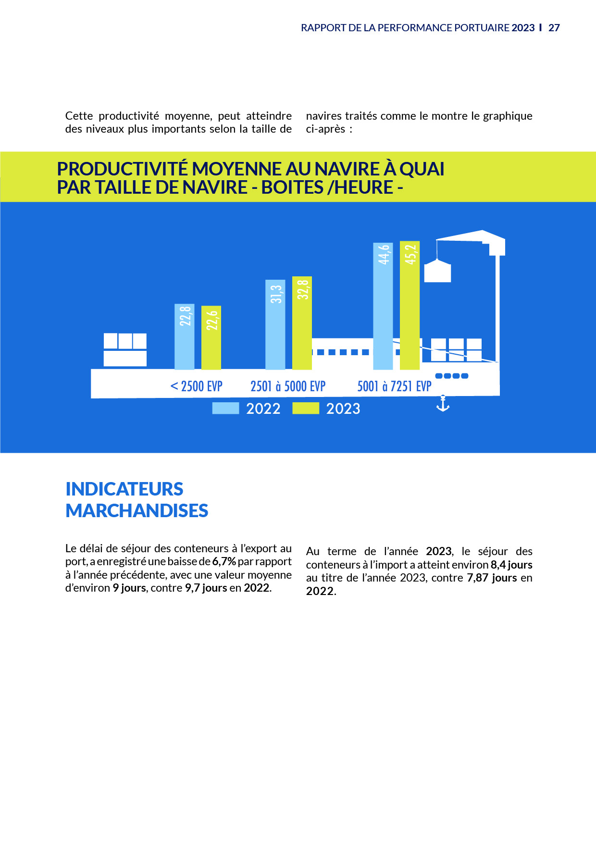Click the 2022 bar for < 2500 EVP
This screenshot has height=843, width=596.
tap(184, 336)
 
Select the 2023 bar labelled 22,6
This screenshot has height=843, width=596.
tap(211, 337)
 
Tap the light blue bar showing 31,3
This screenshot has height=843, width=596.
tap(275, 324)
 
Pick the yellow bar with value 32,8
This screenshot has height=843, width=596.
tap(302, 323)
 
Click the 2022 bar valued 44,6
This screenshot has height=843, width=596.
tap(383, 306)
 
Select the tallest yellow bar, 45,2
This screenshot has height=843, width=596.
tap(410, 305)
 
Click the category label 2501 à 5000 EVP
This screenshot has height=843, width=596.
tap(288, 386)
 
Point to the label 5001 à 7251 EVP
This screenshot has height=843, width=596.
tap(395, 386)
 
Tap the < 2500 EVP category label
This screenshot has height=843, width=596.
tap(197, 386)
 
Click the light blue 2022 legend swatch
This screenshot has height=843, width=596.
tap(225, 408)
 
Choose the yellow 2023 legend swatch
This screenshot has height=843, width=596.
tap(306, 408)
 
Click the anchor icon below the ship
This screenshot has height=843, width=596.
tap(443, 404)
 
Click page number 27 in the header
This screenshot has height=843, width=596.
tap(554, 28)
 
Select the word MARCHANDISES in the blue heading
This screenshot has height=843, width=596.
tap(137, 510)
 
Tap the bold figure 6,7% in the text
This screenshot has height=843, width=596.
tap(224, 561)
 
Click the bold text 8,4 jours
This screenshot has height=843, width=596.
tap(511, 565)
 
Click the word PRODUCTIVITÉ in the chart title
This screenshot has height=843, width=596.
tap(123, 169)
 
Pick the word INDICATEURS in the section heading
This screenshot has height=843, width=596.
tap(124, 489)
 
